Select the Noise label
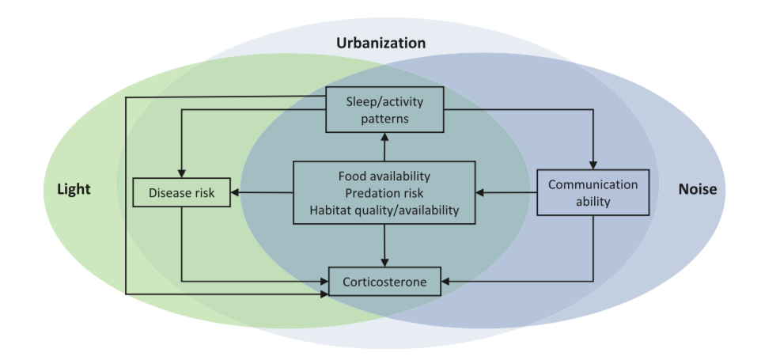click(697, 190)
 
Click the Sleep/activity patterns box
click(384, 109)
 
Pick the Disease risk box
click(181, 192)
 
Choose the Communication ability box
click(596, 192)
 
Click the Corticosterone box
click(384, 281)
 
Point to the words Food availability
click(384, 176)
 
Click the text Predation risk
click(384, 192)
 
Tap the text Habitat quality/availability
click(384, 210)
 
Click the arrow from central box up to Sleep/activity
click(384, 147)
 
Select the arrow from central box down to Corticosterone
click(384, 245)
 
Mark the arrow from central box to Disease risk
click(263, 192)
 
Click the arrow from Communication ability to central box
click(506, 192)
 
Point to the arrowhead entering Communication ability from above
click(592, 163)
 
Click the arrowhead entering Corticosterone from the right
click(445, 281)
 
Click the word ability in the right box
click(596, 201)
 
